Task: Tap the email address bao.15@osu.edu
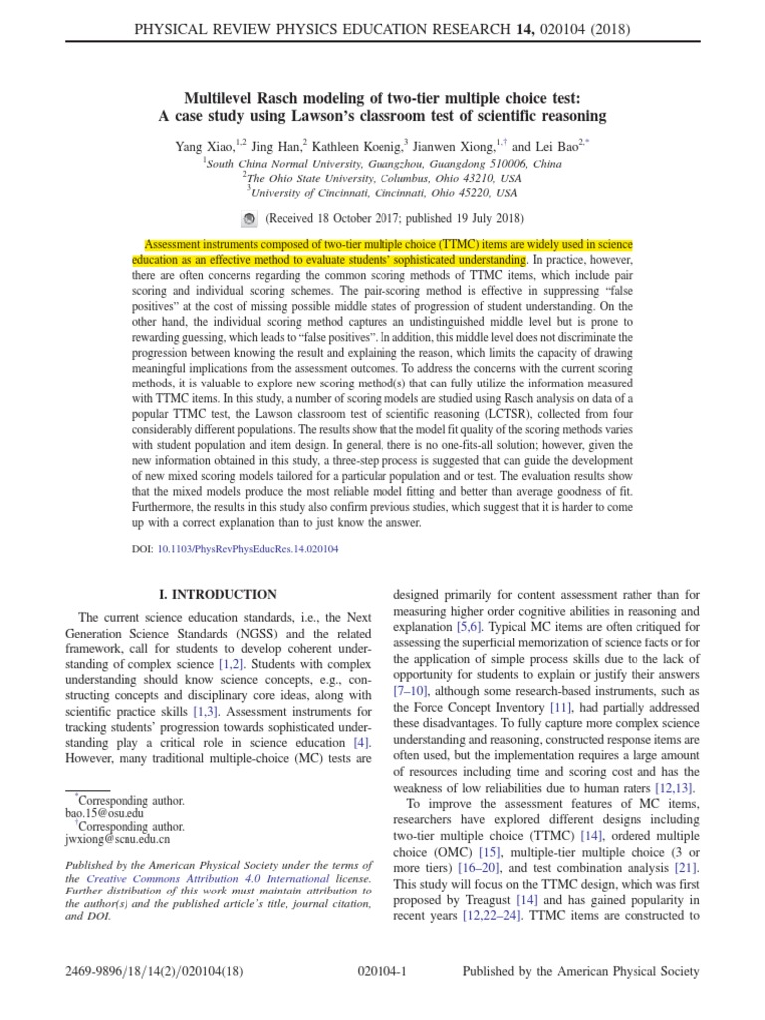pyautogui.click(x=100, y=813)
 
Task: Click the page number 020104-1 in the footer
pyautogui.click(x=382, y=971)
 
